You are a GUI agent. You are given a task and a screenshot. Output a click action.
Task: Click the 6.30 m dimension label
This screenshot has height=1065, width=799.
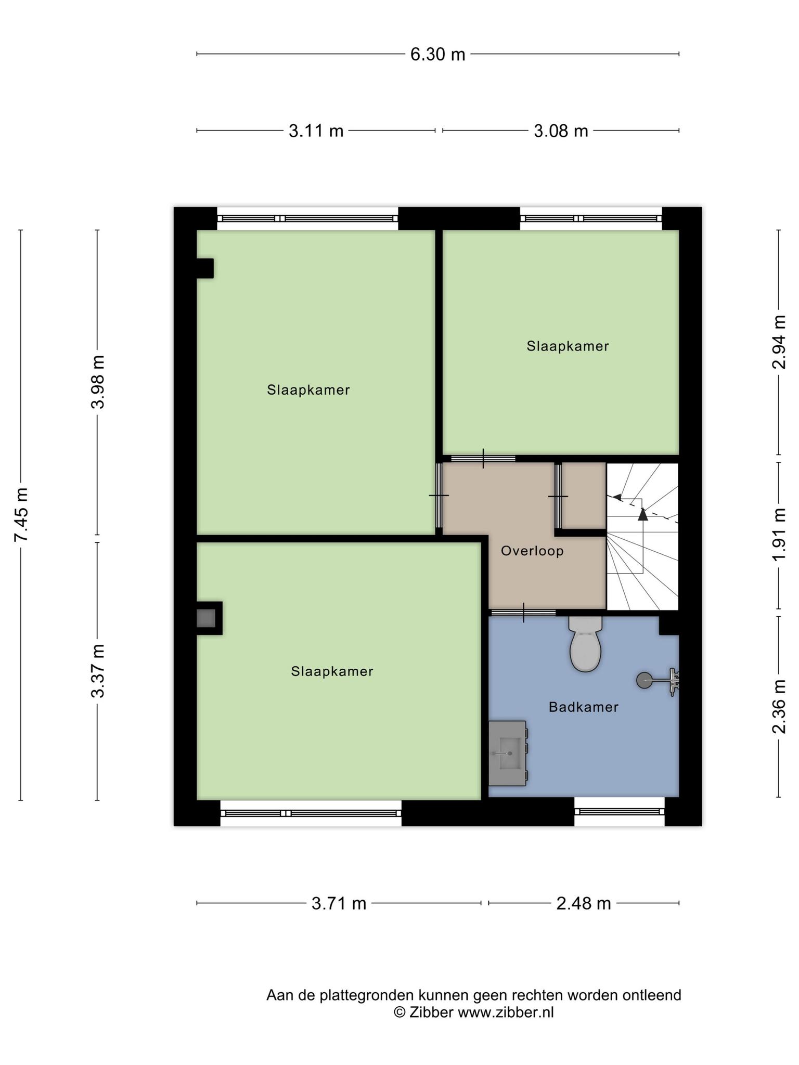click(437, 54)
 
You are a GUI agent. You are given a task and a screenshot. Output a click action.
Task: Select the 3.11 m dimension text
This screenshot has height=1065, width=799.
click(316, 131)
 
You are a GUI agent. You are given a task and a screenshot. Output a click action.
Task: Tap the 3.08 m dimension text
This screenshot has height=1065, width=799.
click(561, 131)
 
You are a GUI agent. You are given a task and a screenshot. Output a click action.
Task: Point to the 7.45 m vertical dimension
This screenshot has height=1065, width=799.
click(21, 514)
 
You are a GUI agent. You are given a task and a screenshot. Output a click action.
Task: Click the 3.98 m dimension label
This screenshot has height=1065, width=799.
click(98, 382)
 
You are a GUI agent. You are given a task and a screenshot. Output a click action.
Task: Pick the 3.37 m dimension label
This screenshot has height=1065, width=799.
click(98, 671)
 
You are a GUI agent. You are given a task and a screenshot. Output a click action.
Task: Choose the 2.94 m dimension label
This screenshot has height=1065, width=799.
click(779, 342)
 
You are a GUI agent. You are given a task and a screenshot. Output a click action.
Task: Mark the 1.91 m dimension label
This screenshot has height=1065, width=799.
click(779, 535)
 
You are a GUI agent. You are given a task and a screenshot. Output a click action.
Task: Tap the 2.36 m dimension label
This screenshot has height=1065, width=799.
click(779, 707)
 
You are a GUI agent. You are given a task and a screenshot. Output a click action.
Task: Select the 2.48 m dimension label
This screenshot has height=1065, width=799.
click(584, 904)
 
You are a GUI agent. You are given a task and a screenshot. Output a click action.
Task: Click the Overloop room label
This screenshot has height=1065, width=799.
click(532, 551)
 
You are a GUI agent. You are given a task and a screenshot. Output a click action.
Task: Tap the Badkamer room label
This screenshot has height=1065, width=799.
click(584, 707)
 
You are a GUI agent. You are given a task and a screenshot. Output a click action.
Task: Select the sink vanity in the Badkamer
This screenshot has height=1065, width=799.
click(508, 752)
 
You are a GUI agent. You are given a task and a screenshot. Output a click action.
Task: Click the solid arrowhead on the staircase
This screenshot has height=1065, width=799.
click(643, 514)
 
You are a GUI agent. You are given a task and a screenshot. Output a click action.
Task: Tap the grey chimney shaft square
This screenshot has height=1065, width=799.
click(205, 618)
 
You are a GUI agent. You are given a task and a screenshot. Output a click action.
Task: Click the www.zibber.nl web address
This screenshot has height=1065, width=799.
click(506, 1012)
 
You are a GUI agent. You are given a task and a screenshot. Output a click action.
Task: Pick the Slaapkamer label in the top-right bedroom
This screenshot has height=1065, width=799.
click(568, 346)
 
